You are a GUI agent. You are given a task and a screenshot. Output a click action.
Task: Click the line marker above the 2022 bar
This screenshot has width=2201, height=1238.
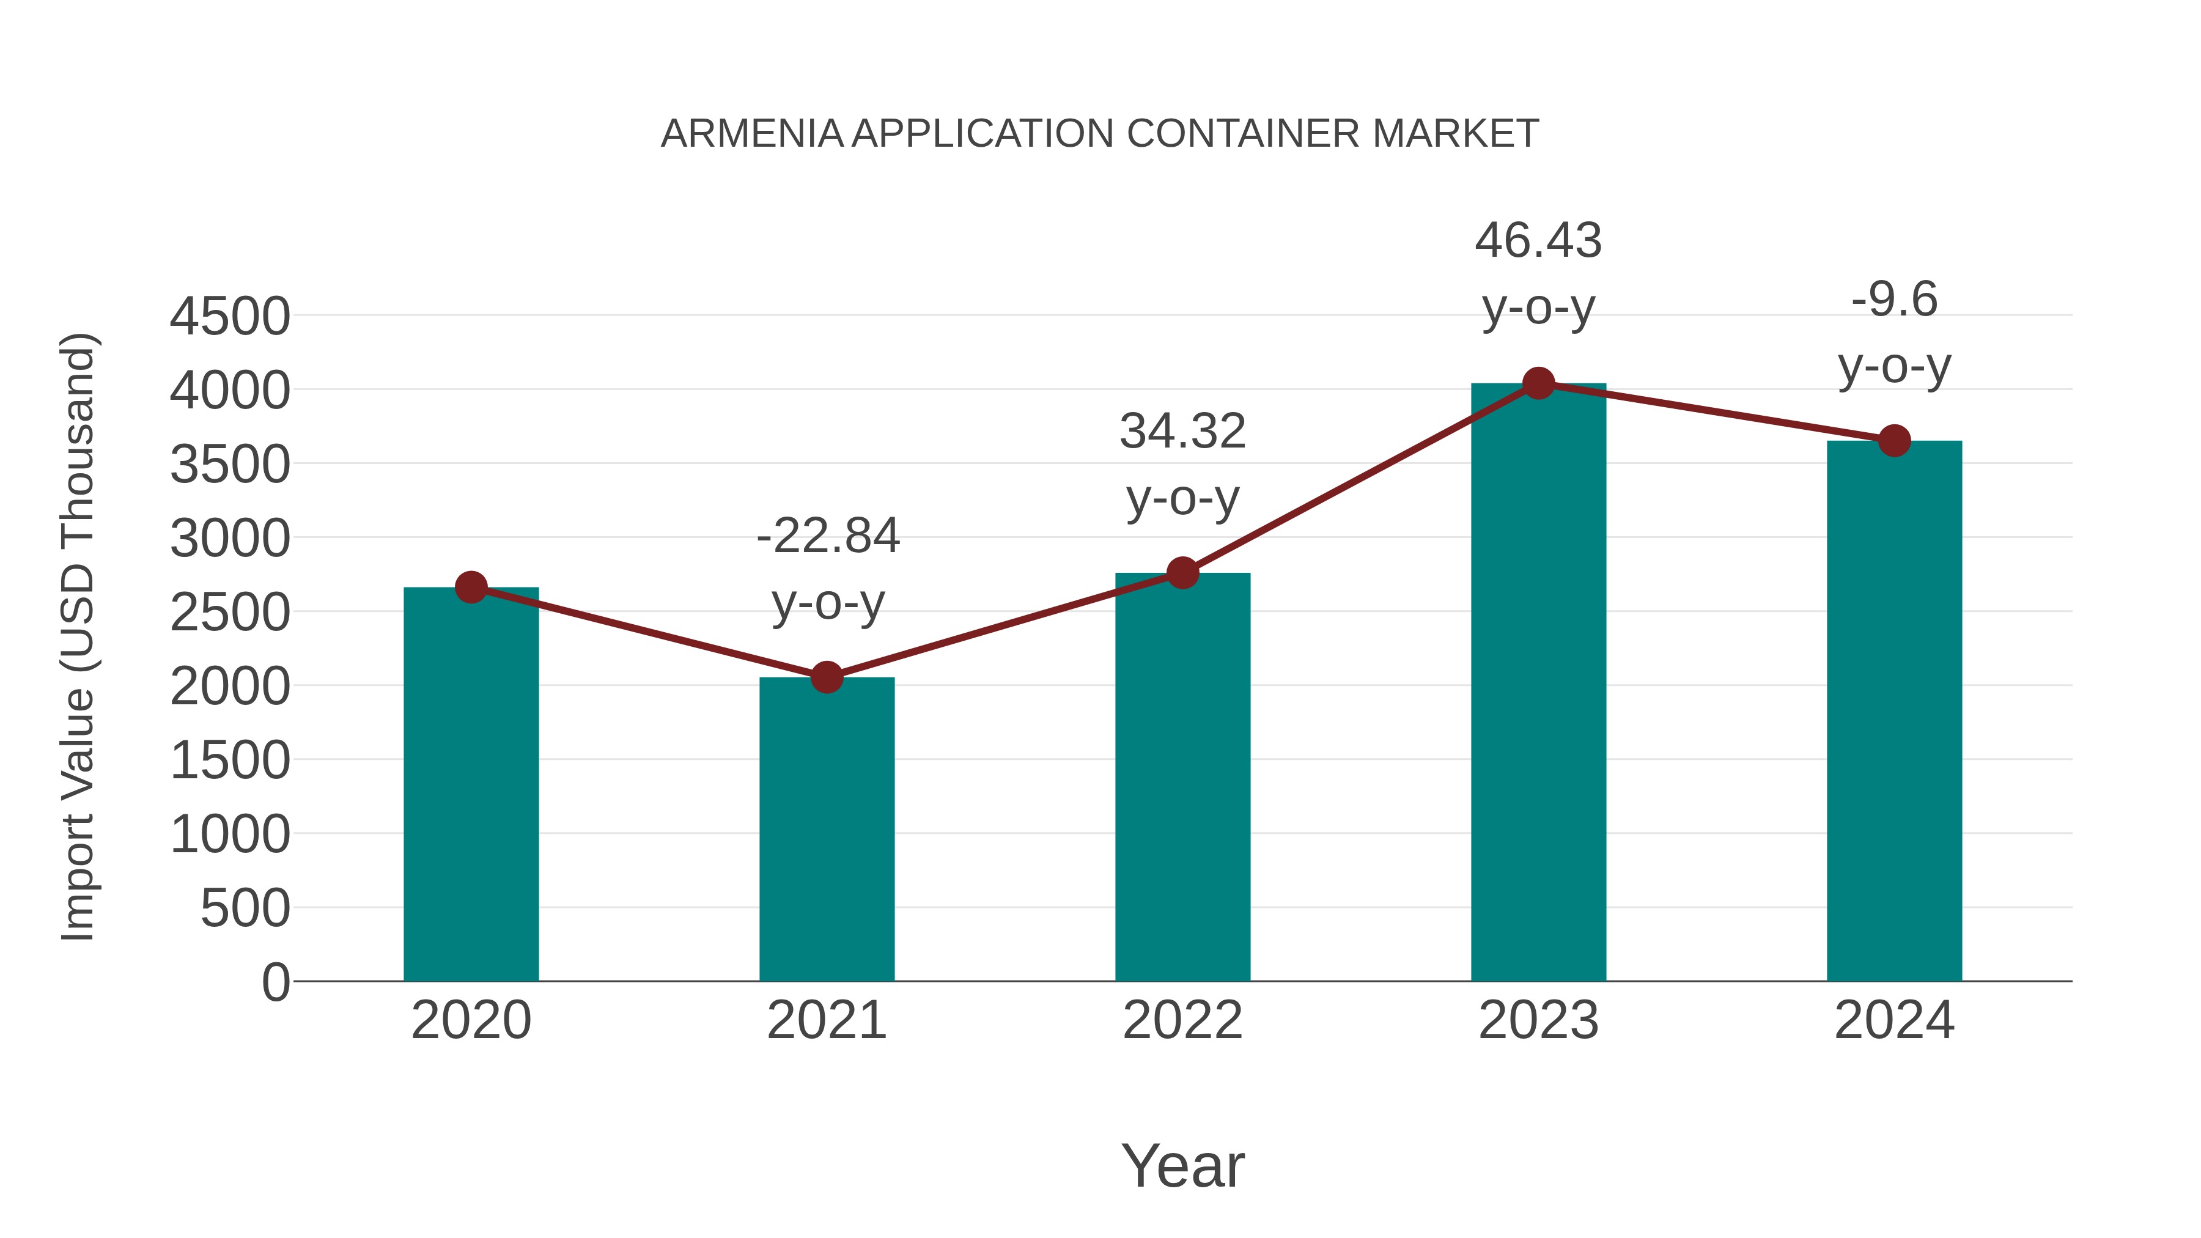pos(1182,572)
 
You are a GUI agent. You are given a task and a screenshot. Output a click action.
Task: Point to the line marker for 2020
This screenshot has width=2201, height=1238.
pos(471,587)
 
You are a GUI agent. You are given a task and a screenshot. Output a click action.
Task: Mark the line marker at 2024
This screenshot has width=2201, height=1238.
pos(1894,441)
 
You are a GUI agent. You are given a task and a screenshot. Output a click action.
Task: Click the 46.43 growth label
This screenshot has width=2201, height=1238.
pos(1538,241)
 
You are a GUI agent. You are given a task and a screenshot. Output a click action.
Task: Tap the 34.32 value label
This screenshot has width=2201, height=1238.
pos(1182,432)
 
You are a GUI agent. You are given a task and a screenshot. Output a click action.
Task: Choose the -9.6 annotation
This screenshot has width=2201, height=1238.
pos(1894,300)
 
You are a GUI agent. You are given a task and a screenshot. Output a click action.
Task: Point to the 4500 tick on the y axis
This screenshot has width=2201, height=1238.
pos(230,317)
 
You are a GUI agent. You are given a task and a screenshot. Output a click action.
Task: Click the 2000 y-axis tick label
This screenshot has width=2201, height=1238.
pos(230,686)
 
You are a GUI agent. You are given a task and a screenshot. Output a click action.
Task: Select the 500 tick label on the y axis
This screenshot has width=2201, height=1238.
pos(245,908)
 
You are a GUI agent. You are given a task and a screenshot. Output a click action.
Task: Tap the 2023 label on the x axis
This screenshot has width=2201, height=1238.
pos(1538,1020)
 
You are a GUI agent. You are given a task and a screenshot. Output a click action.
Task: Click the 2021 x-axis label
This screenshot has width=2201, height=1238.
pos(826,1020)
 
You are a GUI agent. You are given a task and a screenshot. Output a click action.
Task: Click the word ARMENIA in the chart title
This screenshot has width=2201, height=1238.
pos(752,134)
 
